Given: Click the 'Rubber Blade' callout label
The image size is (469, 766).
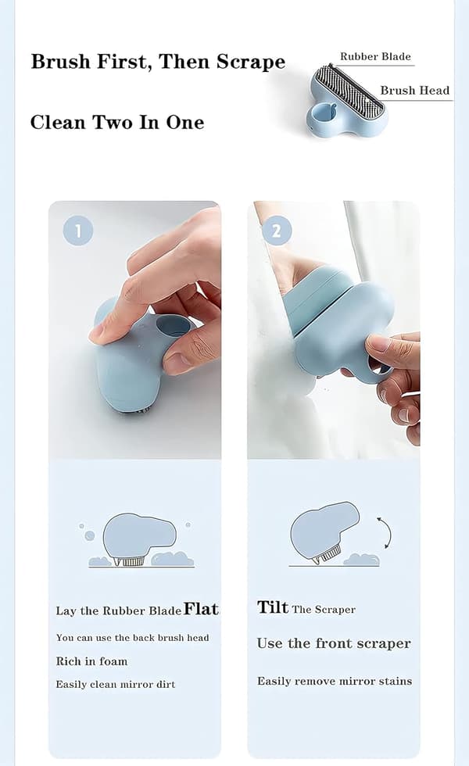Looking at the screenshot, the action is (x=375, y=56).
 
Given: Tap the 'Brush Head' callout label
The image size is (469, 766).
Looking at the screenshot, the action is (x=415, y=91).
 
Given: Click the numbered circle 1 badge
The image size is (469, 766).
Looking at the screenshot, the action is (x=78, y=231).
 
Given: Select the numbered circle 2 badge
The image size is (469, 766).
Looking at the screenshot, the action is (x=277, y=231).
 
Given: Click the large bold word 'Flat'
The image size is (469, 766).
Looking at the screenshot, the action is (x=202, y=609).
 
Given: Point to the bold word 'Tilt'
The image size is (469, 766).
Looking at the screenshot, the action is (x=273, y=607).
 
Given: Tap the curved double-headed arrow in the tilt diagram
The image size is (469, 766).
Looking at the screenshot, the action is (x=385, y=533).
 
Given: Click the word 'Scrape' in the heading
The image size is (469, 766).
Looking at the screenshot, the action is (x=251, y=62).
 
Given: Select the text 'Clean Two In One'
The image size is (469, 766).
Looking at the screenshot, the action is (x=117, y=122).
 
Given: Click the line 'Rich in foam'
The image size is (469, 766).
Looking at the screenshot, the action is (x=91, y=661).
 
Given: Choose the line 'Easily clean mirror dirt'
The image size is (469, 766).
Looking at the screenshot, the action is (x=116, y=685).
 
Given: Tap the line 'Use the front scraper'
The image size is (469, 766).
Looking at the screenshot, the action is (x=334, y=643).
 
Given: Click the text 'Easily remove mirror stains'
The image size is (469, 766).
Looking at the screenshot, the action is (x=335, y=681).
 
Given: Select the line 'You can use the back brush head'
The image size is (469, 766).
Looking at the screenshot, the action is (x=132, y=638).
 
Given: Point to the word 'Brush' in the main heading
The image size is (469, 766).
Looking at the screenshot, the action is (x=61, y=62).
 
